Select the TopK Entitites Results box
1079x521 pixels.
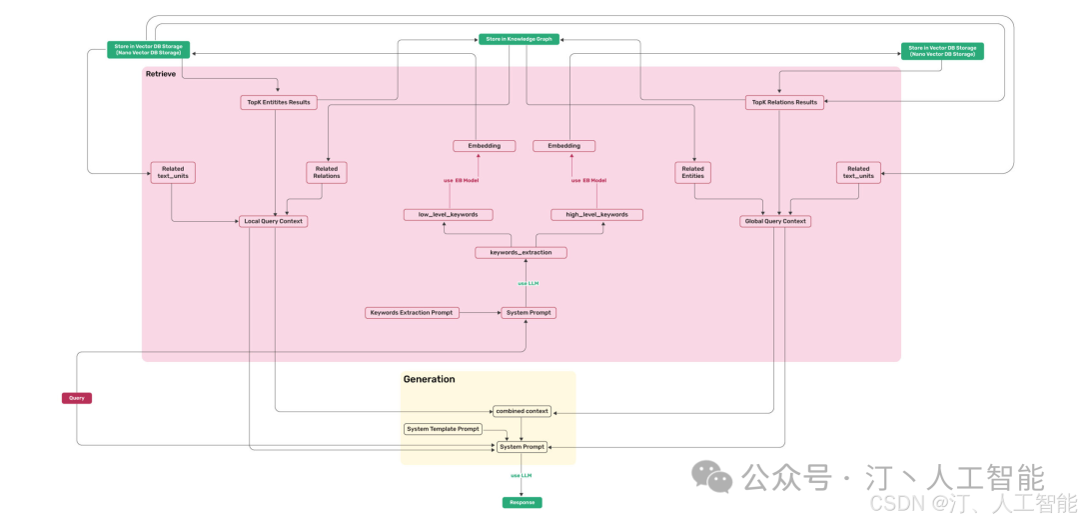point(279,102)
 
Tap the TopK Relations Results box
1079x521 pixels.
point(784,102)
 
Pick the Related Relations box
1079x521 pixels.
point(327,173)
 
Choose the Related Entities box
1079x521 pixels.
point(692,173)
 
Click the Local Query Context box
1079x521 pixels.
point(273,221)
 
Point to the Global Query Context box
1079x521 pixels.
point(774,221)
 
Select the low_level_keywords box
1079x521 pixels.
point(448,214)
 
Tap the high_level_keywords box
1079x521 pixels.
point(596,214)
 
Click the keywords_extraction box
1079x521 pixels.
point(521,253)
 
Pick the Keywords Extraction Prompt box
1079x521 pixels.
point(412,313)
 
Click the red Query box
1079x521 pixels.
point(76,398)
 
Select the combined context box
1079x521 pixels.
point(522,411)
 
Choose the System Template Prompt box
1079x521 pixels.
point(443,429)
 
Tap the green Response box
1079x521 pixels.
point(522,502)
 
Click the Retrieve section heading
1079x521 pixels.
point(161,74)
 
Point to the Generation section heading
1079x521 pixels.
point(429,380)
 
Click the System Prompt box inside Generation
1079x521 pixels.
point(523,447)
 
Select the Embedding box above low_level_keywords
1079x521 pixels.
point(484,146)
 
